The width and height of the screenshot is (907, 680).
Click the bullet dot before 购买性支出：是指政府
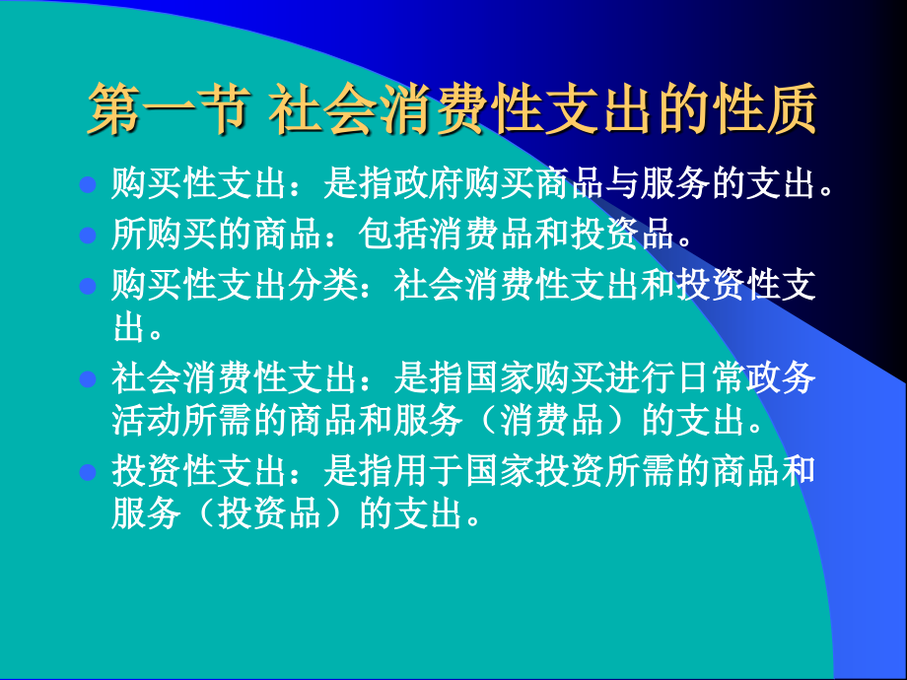87,184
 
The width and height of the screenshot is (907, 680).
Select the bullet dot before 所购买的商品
87,236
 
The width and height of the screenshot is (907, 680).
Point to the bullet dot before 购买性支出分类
87,287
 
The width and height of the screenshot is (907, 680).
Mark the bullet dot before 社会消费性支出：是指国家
87,378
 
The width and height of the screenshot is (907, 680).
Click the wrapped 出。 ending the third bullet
137,326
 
